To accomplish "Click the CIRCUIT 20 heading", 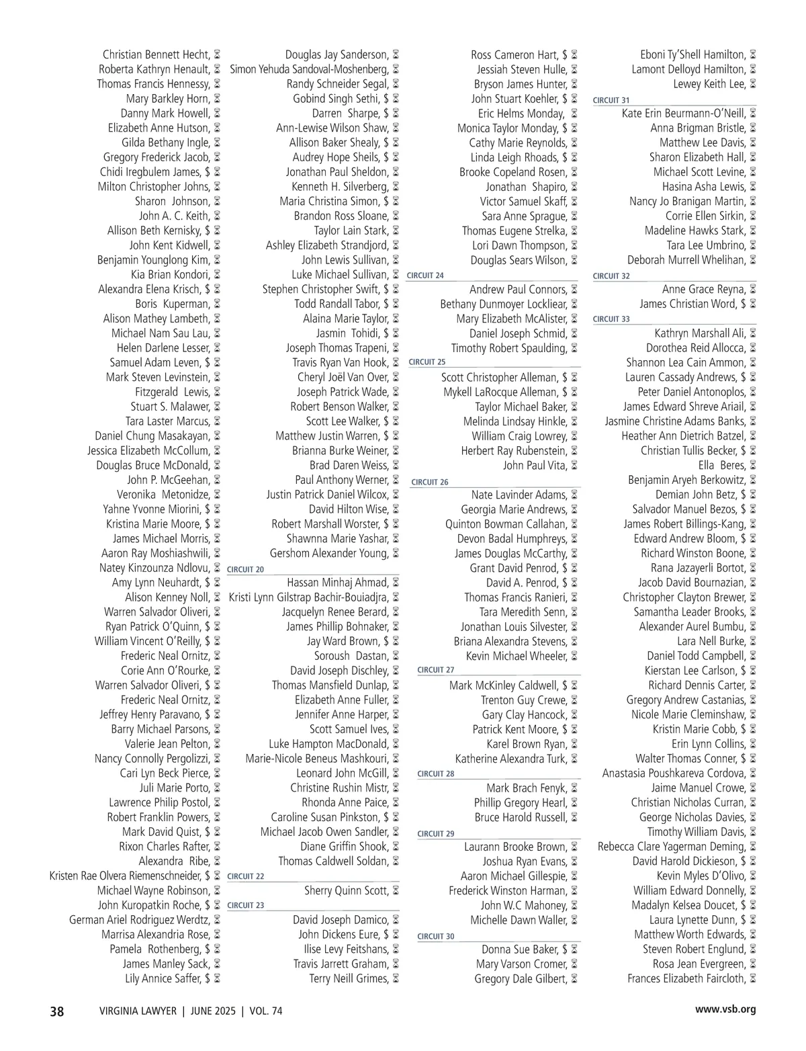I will click(246, 569).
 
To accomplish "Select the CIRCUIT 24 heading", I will click(425, 276).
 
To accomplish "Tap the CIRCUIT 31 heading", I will click(611, 100).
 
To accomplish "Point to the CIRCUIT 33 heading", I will click(611, 319).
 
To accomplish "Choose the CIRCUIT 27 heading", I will click(436, 670).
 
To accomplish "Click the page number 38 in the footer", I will click(57, 1011).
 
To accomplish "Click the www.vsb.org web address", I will click(725, 1009).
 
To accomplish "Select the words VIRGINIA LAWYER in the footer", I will click(138, 1011).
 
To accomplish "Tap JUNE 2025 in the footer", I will click(213, 1011).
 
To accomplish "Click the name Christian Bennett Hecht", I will click(156, 55).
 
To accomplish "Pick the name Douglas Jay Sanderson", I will click(337, 55).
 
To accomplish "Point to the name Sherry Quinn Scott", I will click(346, 890).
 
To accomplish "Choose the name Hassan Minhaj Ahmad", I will click(337, 583).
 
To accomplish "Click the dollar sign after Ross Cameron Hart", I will click(565, 55).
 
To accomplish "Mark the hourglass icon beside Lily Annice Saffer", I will click(217, 978).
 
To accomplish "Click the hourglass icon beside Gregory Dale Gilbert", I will click(574, 979).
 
